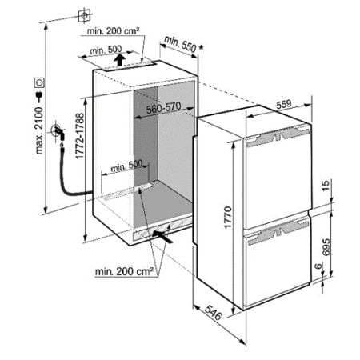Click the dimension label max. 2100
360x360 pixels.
(x=39, y=130)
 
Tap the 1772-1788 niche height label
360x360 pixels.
(x=80, y=136)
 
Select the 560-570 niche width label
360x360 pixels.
(x=163, y=107)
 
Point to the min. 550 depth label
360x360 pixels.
(x=180, y=44)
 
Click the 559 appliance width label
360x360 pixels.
(x=284, y=104)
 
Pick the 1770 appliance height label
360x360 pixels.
(x=228, y=217)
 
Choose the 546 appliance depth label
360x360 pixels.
(x=214, y=313)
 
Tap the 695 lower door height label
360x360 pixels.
(x=326, y=246)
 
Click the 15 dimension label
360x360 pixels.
(x=326, y=186)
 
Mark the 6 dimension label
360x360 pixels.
(x=318, y=266)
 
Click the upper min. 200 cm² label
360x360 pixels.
(x=113, y=30)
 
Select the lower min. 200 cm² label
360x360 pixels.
(x=124, y=271)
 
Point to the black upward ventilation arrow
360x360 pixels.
(x=121, y=59)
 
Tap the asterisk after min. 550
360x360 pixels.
(x=201, y=48)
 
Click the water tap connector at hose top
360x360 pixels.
(x=58, y=131)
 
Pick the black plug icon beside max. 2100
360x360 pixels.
(x=39, y=97)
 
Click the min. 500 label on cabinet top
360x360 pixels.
(x=106, y=50)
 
